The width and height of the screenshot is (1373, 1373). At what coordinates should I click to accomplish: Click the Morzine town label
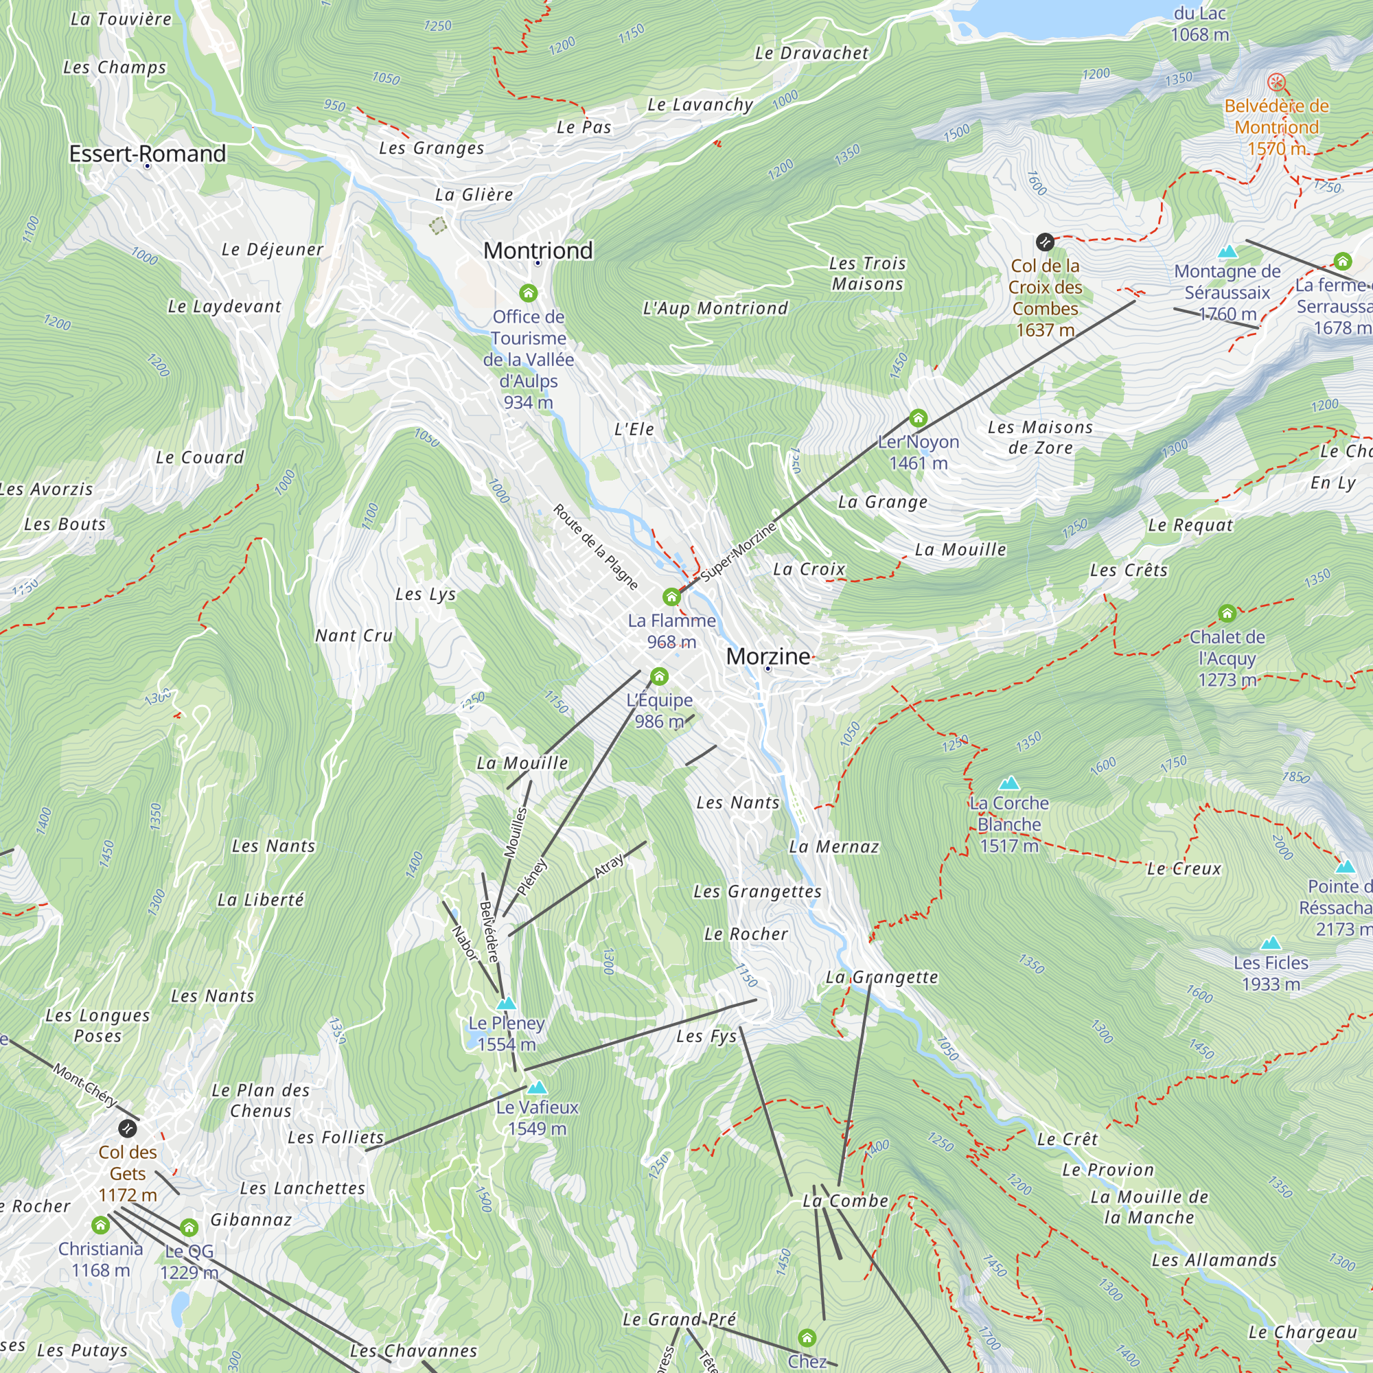(x=768, y=656)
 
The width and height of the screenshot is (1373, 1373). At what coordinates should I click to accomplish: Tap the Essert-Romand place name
(x=147, y=154)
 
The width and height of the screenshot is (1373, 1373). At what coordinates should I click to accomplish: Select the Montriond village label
(x=538, y=250)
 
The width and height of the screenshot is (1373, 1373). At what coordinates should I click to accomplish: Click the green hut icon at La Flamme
(x=671, y=597)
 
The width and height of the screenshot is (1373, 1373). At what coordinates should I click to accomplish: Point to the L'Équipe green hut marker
(x=659, y=676)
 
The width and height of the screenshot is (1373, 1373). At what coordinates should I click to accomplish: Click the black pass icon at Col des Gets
(x=127, y=1128)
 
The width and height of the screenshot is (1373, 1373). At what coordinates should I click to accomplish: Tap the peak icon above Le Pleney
(x=506, y=1004)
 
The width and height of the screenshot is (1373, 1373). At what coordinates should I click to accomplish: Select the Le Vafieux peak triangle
(x=538, y=1087)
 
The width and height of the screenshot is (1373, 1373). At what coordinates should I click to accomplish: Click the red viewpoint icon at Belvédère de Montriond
(x=1276, y=82)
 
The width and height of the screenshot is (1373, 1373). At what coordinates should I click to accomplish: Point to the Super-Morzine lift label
(x=739, y=551)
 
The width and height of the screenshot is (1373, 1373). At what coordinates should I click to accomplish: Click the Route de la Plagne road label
(x=595, y=546)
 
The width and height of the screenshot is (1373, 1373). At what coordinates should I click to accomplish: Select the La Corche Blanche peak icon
(x=1009, y=783)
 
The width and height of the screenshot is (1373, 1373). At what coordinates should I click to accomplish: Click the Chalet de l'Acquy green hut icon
(x=1227, y=612)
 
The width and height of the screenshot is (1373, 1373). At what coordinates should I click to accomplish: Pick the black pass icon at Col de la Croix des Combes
(x=1044, y=242)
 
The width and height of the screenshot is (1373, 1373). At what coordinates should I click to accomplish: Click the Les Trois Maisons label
(x=867, y=274)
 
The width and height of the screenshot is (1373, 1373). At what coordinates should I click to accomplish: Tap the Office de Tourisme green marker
(x=528, y=293)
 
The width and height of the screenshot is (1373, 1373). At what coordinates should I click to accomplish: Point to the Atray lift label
(x=609, y=865)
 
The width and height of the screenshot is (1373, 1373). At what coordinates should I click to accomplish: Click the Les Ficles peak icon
(x=1270, y=943)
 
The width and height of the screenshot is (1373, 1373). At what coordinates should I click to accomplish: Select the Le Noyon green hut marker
(x=917, y=418)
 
